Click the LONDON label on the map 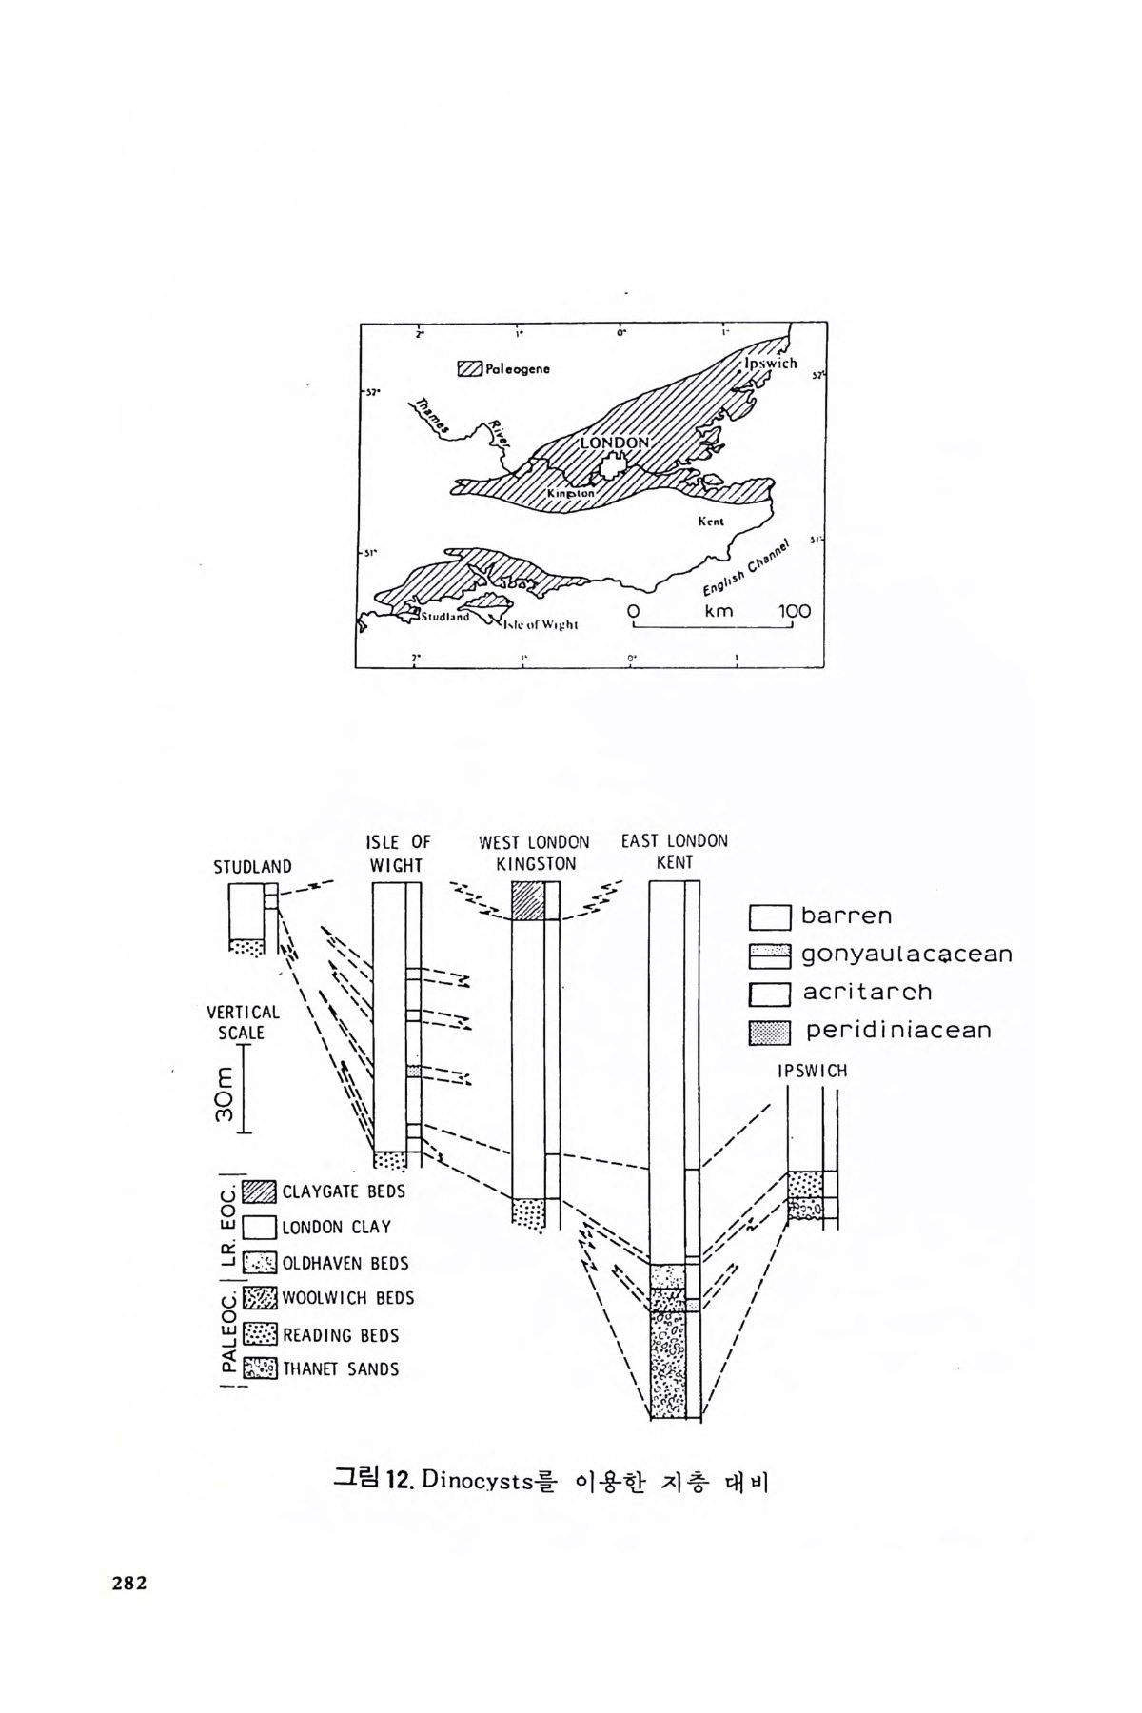[x=614, y=443]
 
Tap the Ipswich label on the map [x=770, y=363]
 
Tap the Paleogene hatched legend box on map [x=469, y=369]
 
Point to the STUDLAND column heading [x=252, y=867]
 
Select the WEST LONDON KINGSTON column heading [x=534, y=853]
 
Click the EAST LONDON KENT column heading [x=674, y=852]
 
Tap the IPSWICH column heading [x=812, y=1071]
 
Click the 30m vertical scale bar [x=244, y=1090]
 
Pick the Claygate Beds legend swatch [x=259, y=1191]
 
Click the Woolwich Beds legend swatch [x=259, y=1298]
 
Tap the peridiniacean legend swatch [x=770, y=1032]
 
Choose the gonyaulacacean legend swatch [x=770, y=955]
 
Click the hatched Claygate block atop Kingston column [x=527, y=900]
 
